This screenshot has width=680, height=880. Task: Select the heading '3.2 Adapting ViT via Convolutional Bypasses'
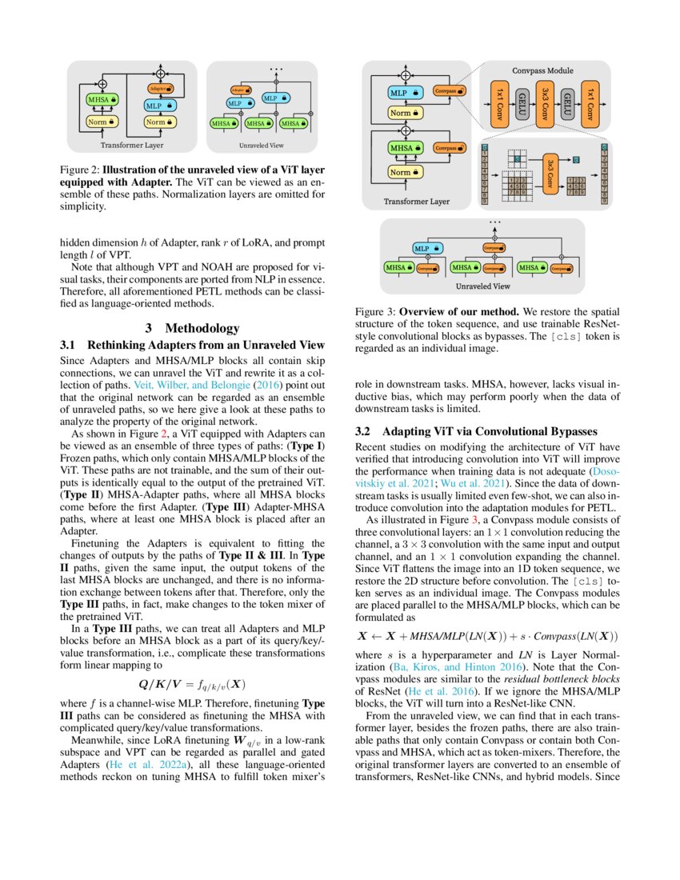coord(467,431)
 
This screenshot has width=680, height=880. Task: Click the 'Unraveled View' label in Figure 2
coord(260,146)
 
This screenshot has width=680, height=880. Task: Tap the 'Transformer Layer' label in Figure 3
coord(417,202)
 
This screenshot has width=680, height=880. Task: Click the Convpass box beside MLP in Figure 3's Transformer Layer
coord(449,91)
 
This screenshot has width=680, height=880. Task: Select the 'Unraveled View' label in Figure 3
coord(482,285)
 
